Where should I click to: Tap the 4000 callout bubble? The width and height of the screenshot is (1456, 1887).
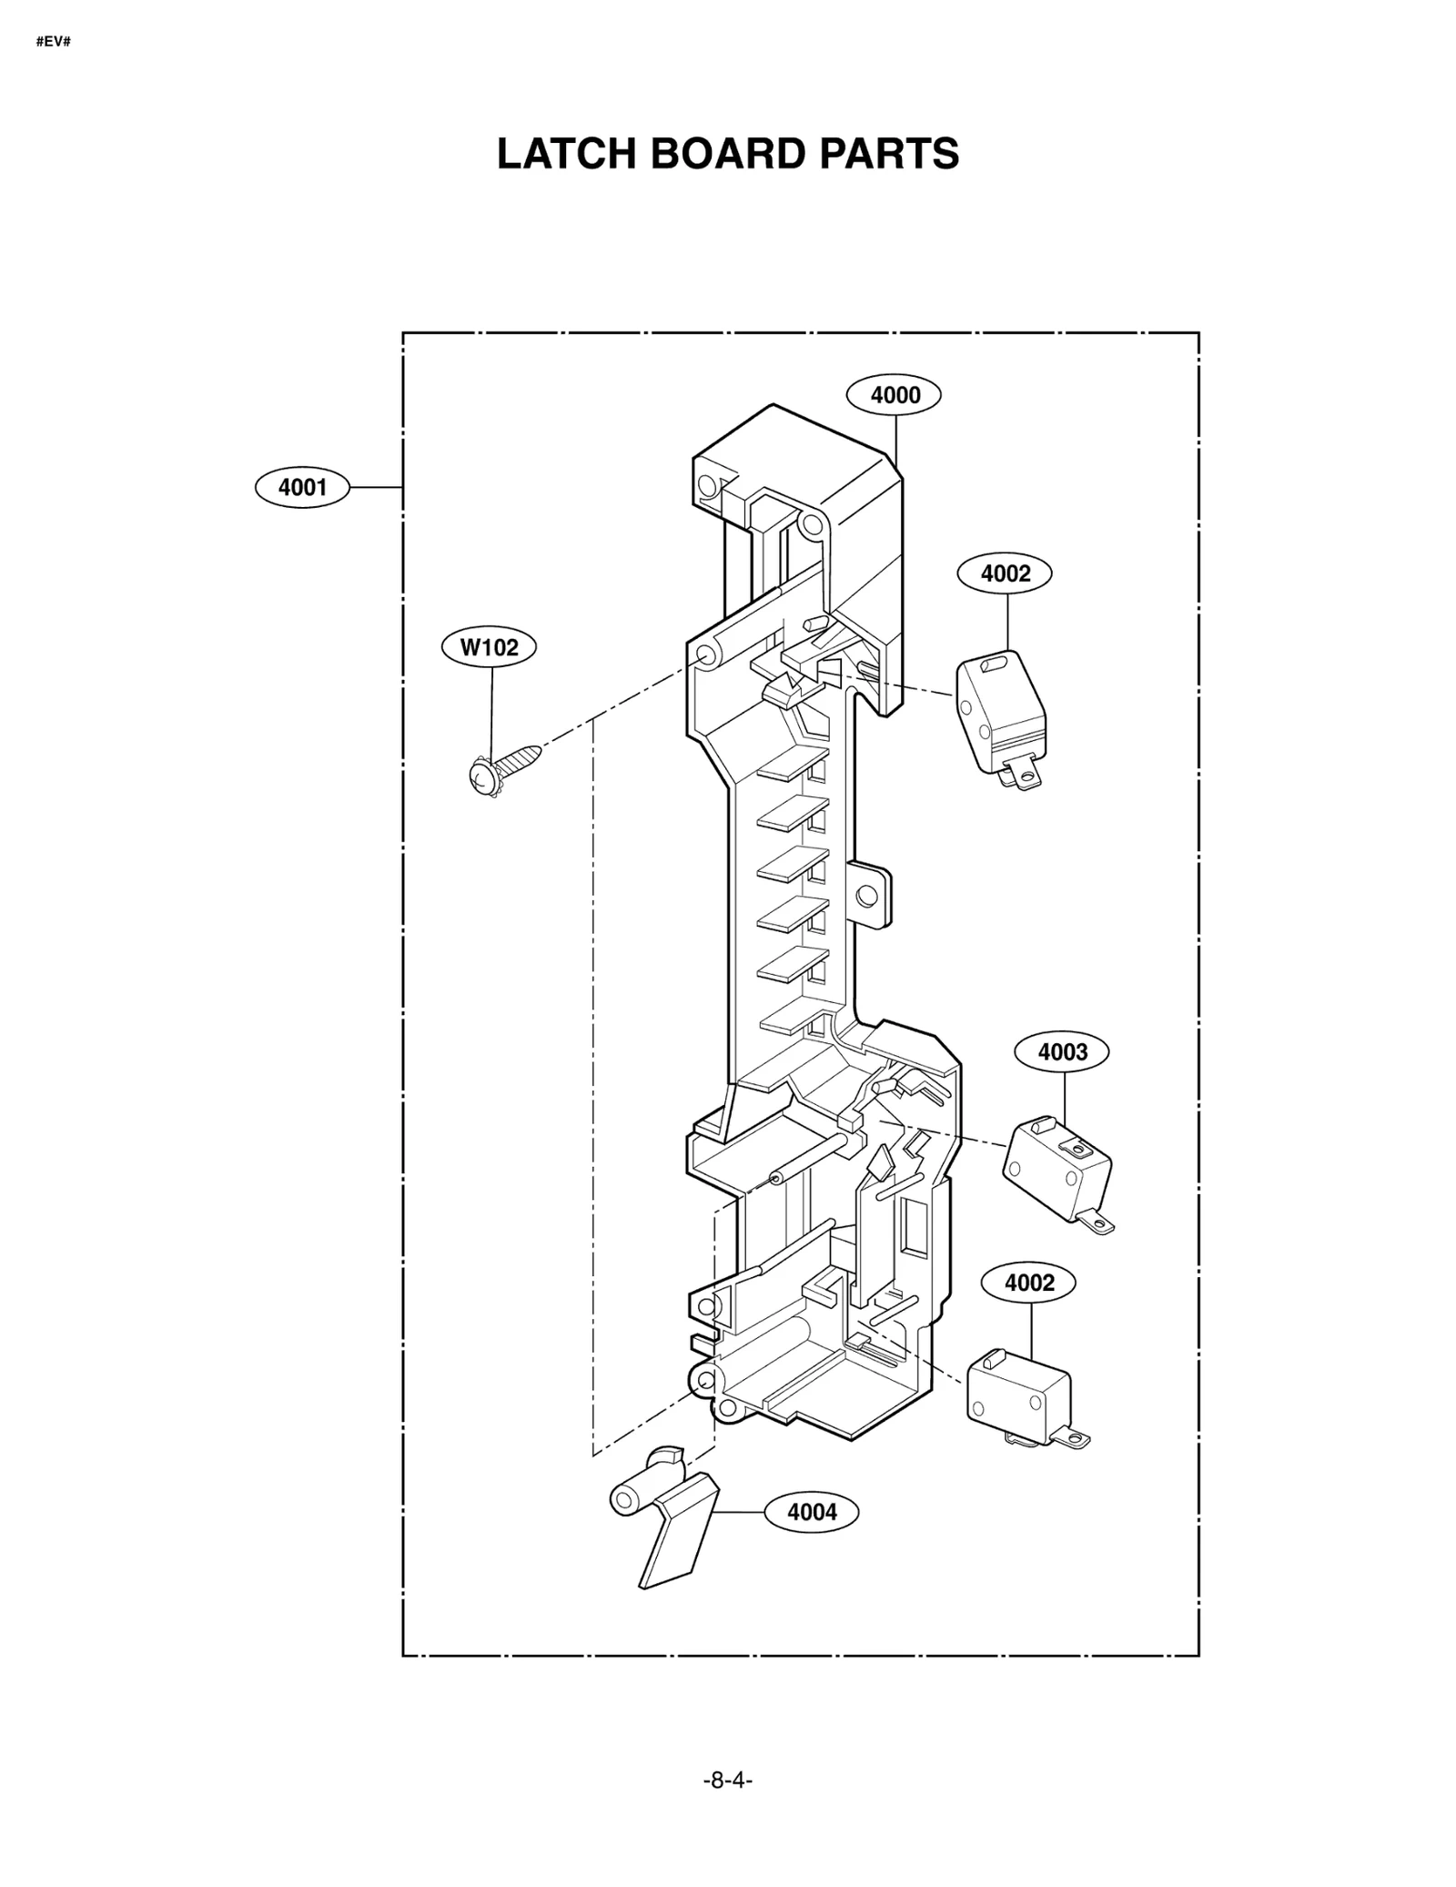[x=894, y=395]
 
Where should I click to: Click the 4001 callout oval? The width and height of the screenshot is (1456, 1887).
[x=302, y=488]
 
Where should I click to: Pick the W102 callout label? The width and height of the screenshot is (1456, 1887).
[x=489, y=647]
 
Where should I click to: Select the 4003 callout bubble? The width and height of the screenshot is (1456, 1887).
[x=1062, y=1052]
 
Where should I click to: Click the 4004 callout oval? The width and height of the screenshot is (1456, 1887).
[x=811, y=1512]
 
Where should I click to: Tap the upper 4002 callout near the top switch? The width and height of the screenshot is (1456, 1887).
[x=1005, y=573]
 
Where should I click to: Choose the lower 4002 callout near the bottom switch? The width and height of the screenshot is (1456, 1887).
[x=1028, y=1283]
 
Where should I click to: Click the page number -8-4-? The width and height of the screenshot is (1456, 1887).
[x=727, y=1780]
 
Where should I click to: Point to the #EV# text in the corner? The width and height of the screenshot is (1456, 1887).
[x=53, y=42]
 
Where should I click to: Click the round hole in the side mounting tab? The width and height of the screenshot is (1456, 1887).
[x=867, y=895]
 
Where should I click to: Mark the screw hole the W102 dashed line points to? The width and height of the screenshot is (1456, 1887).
[x=705, y=654]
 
